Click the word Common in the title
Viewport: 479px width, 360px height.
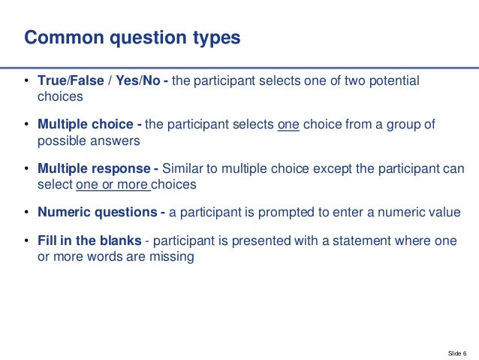[61, 37]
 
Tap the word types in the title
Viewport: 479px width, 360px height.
[215, 37]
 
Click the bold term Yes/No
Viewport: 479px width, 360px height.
[139, 81]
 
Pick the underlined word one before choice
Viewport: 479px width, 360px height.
[288, 125]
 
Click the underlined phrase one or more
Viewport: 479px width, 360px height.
[113, 183]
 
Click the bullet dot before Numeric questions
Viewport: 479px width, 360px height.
[26, 213]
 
